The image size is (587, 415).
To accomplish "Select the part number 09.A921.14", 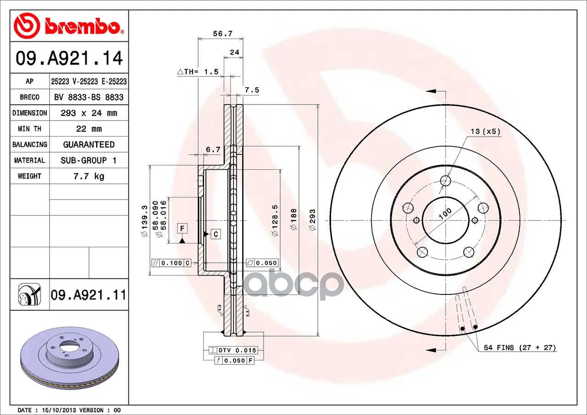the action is tap(69, 58).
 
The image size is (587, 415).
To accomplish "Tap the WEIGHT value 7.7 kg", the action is tap(89, 177).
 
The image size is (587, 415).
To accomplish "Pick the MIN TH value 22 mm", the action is tap(89, 129).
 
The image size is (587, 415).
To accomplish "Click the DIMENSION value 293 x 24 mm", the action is tap(89, 113).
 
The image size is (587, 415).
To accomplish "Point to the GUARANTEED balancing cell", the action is tap(89, 144).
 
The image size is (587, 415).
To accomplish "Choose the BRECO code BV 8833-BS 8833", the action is tap(89, 98).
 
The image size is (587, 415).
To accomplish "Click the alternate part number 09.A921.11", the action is tap(89, 295).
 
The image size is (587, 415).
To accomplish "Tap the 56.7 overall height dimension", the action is tap(222, 33).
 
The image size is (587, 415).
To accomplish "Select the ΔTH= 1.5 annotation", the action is tap(198, 72).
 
